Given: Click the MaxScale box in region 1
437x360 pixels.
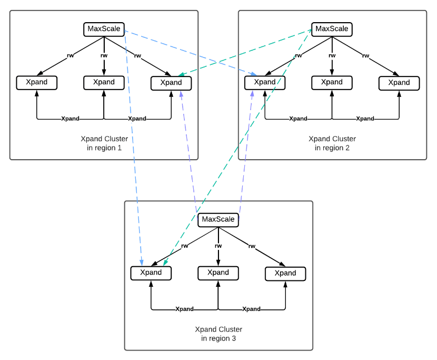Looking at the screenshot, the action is (104, 30).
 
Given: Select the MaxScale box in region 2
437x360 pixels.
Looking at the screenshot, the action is (332, 30).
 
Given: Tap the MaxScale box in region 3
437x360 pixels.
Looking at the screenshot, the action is (218, 220).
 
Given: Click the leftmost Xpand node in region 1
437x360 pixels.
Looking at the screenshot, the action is (37, 83).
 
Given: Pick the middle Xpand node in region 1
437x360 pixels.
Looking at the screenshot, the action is (104, 83).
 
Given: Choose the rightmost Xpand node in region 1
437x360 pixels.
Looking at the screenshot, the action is (171, 83).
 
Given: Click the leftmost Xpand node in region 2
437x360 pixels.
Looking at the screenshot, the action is (265, 83).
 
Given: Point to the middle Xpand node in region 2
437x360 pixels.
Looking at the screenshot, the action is (332, 83).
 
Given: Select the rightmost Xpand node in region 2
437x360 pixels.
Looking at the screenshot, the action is (399, 83).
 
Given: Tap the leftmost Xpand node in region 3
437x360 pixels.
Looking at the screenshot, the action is (151, 273).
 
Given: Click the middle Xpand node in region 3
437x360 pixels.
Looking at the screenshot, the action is (218, 273).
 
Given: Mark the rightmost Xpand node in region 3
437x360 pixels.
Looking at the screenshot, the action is (285, 274).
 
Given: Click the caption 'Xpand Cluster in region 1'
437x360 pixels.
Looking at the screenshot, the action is (104, 143).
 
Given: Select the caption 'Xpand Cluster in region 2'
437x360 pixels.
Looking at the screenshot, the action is (332, 143).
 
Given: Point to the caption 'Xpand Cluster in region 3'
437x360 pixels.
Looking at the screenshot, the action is (219, 334).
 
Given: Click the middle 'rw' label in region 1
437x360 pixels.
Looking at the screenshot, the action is (104, 55).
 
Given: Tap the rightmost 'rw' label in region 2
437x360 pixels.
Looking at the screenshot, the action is (365, 56).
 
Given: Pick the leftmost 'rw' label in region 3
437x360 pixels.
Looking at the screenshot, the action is (184, 246).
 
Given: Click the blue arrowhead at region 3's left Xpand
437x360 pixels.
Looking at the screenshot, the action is (142, 262).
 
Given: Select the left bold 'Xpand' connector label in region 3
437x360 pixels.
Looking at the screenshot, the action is (184, 309).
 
